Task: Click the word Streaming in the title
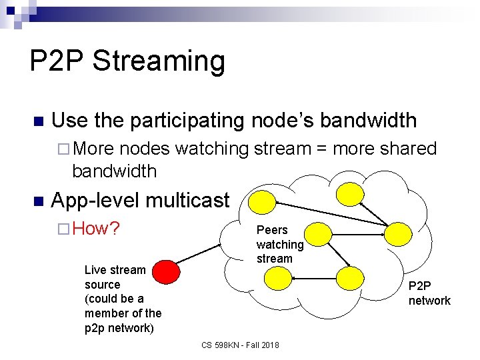tap(159, 61)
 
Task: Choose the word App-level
tap(95, 200)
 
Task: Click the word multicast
tap(187, 200)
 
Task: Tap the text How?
tap(96, 229)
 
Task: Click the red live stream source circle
tap(167, 271)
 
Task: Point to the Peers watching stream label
tap(279, 244)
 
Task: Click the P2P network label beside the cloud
tap(429, 293)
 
